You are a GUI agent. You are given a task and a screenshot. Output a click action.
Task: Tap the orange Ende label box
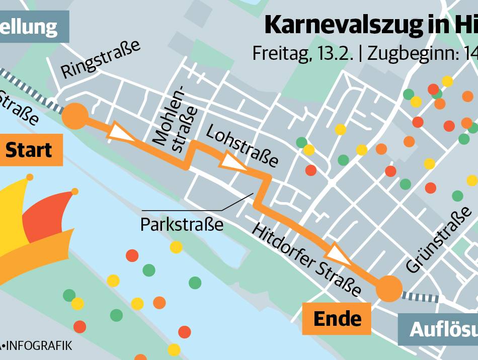pyautogui.click(x=337, y=318)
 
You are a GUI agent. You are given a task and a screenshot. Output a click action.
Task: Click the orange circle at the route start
pyautogui.click(x=74, y=116)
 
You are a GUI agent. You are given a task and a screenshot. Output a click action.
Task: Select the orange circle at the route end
pyautogui.click(x=389, y=289)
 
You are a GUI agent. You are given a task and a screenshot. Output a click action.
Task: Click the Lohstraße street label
pyautogui.click(x=242, y=146)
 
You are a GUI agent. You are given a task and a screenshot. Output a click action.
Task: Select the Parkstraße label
pyautogui.click(x=182, y=224)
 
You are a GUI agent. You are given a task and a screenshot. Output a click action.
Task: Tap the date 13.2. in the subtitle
pyautogui.click(x=337, y=53)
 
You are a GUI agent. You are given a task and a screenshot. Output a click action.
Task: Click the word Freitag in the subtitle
pyautogui.click(x=281, y=53)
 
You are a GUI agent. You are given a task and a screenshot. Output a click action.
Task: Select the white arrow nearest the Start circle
pyautogui.click(x=123, y=132)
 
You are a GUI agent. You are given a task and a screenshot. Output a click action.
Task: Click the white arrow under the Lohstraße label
pyautogui.click(x=233, y=162)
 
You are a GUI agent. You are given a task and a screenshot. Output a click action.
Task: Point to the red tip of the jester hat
pyautogui.click(x=75, y=191)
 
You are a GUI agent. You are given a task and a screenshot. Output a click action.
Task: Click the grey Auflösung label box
pyautogui.click(x=440, y=329)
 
